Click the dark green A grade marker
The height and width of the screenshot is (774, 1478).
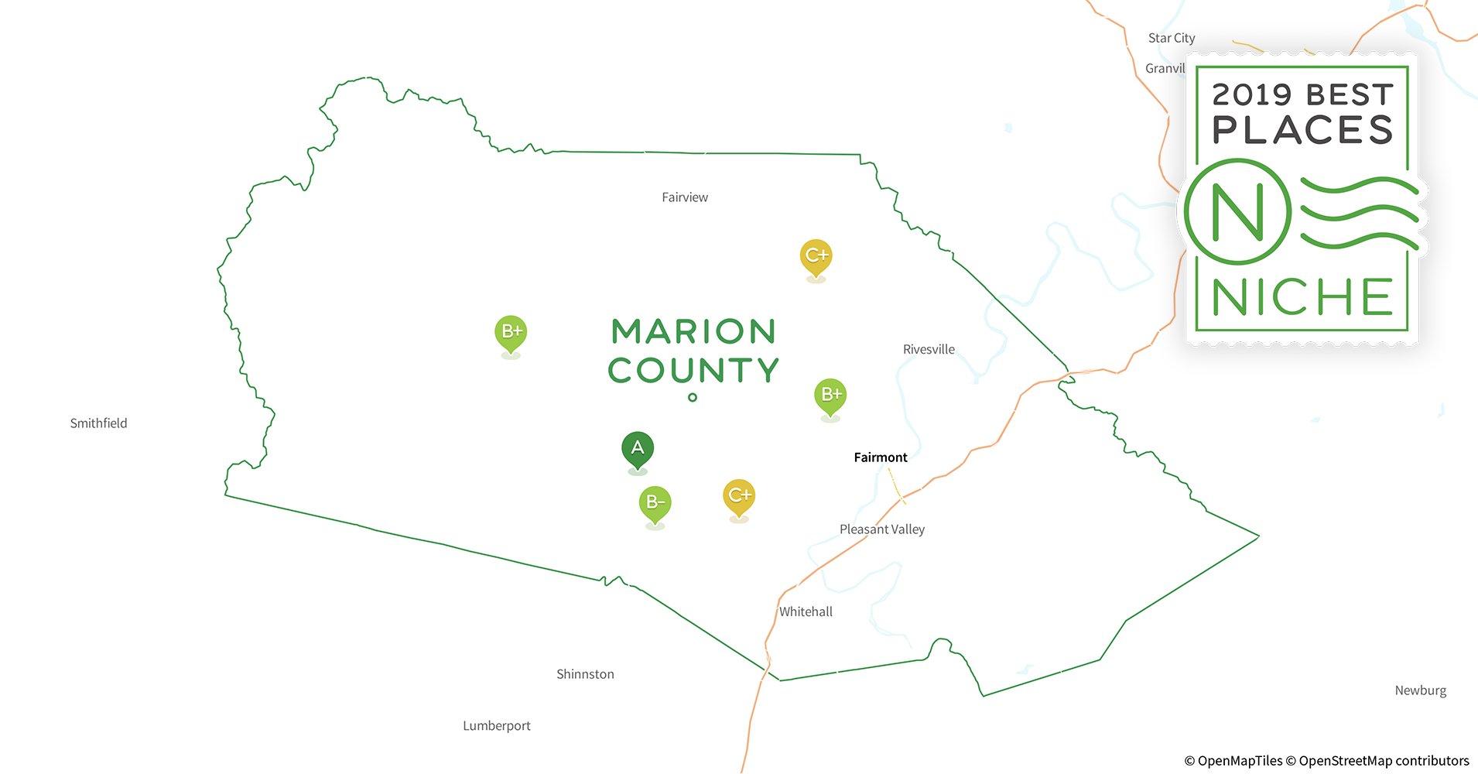(x=638, y=448)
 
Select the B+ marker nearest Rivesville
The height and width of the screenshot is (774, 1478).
(x=830, y=395)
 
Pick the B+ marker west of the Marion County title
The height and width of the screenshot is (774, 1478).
(x=511, y=332)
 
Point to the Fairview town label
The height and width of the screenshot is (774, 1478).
(x=685, y=197)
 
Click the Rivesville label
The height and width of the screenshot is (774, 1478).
(x=929, y=349)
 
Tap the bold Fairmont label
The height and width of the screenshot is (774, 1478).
(x=881, y=457)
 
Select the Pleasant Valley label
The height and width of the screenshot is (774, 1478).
(x=882, y=529)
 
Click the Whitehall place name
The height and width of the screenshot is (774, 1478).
(x=806, y=611)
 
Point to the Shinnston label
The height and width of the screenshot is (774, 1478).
(x=585, y=674)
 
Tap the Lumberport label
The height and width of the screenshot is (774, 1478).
(x=497, y=726)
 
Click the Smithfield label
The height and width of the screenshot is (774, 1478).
(x=98, y=423)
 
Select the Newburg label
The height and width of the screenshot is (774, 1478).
(x=1420, y=690)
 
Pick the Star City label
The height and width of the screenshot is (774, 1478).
(x=1172, y=38)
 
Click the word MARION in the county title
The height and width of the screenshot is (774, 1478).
(x=693, y=332)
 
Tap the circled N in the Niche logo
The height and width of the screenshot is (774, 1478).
(x=1237, y=211)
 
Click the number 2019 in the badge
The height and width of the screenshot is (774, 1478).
(x=1252, y=94)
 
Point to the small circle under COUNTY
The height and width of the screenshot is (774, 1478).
(x=693, y=398)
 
